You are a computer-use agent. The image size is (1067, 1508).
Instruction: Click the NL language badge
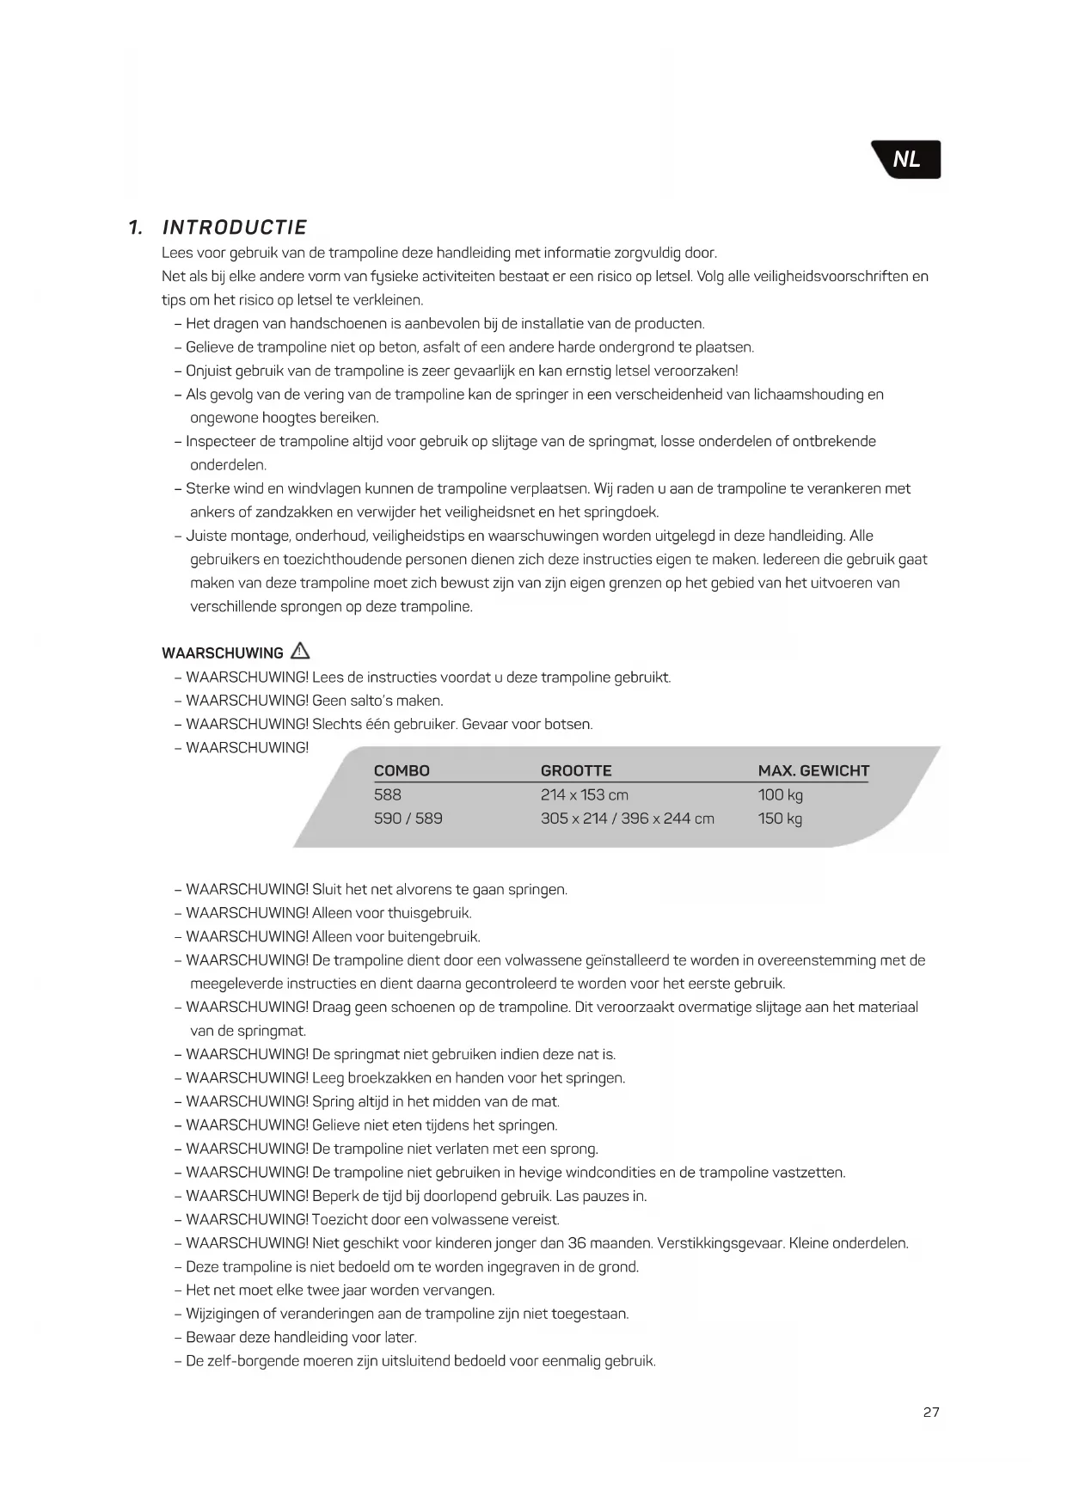click(x=907, y=159)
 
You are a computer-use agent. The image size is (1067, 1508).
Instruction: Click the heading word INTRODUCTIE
click(x=235, y=228)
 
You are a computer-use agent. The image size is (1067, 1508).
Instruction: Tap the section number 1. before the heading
click(x=135, y=228)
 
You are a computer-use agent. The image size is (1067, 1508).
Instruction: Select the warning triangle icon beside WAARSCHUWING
click(x=300, y=651)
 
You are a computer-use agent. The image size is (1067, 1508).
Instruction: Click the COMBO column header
click(x=402, y=771)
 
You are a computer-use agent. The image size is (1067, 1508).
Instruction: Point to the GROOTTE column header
click(x=576, y=771)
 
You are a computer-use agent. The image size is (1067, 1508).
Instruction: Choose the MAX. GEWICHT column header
click(x=813, y=771)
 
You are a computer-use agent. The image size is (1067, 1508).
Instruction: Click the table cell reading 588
click(x=388, y=795)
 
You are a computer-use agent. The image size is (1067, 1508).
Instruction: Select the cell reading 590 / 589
click(x=408, y=818)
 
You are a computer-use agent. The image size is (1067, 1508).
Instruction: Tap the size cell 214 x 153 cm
click(x=585, y=795)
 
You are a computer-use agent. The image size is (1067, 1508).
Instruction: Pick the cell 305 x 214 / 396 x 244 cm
click(x=627, y=818)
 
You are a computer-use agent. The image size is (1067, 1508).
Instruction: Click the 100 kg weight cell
click(x=780, y=795)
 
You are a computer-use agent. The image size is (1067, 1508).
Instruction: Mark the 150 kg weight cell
click(x=780, y=818)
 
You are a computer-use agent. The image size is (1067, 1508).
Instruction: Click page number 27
click(x=931, y=1412)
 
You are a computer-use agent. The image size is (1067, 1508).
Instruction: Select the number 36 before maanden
click(x=577, y=1243)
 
